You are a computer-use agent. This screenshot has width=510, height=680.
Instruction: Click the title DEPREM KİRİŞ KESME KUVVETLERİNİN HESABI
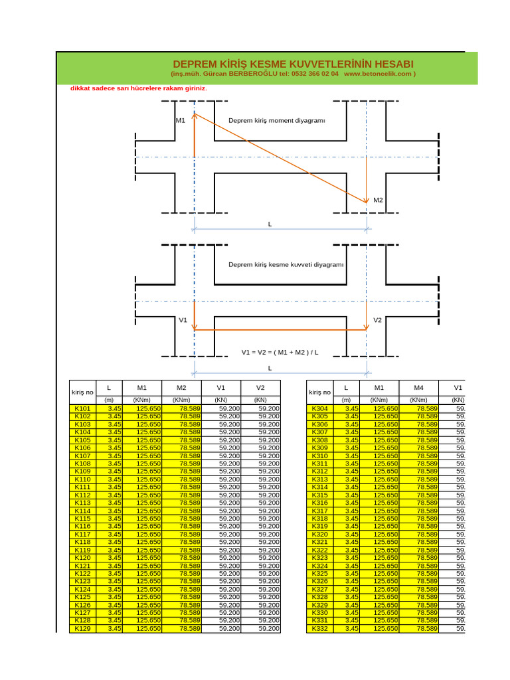(293, 64)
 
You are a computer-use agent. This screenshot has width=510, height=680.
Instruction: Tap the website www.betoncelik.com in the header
(379, 74)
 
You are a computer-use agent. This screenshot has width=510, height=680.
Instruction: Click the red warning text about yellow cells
(139, 88)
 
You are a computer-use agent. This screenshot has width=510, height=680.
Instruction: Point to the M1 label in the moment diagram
(181, 121)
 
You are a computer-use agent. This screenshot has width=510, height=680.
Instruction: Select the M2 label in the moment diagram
(378, 200)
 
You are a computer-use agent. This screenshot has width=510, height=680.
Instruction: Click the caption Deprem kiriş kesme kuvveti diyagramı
(286, 264)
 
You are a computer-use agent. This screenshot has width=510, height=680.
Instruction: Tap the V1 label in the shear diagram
(183, 320)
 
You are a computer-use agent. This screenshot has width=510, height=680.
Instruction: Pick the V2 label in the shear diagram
(377, 320)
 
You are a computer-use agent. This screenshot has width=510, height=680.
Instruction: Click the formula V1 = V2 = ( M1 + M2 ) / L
(280, 351)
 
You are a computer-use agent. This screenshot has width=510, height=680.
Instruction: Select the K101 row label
(83, 408)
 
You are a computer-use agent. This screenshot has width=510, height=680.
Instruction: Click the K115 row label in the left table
(83, 519)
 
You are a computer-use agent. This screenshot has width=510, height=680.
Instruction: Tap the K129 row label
(83, 629)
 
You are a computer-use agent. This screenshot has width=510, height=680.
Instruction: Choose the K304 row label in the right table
(319, 408)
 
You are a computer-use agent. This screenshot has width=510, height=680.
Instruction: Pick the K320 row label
(319, 535)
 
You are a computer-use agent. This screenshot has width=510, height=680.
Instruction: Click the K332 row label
(319, 629)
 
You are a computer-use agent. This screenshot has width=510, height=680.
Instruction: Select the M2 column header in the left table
(181, 388)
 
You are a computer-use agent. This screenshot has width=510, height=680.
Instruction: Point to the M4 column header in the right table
(418, 388)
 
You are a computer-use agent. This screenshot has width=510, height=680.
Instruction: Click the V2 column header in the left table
(261, 388)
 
